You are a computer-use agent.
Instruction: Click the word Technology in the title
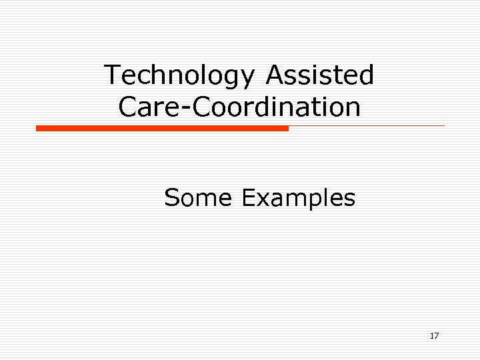pyautogui.click(x=179, y=75)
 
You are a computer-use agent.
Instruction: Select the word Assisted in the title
pyautogui.click(x=320, y=75)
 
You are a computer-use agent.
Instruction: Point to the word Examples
pyautogui.click(x=298, y=198)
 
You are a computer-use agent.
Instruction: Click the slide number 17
pyautogui.click(x=434, y=336)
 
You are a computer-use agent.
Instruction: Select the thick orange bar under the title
pyautogui.click(x=162, y=128)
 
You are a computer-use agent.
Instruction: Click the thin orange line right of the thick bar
pyautogui.click(x=367, y=125)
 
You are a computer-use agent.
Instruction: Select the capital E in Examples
pyautogui.click(x=249, y=198)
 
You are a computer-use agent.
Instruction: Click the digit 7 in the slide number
pyautogui.click(x=436, y=336)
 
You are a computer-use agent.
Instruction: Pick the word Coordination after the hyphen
pyautogui.click(x=270, y=106)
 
